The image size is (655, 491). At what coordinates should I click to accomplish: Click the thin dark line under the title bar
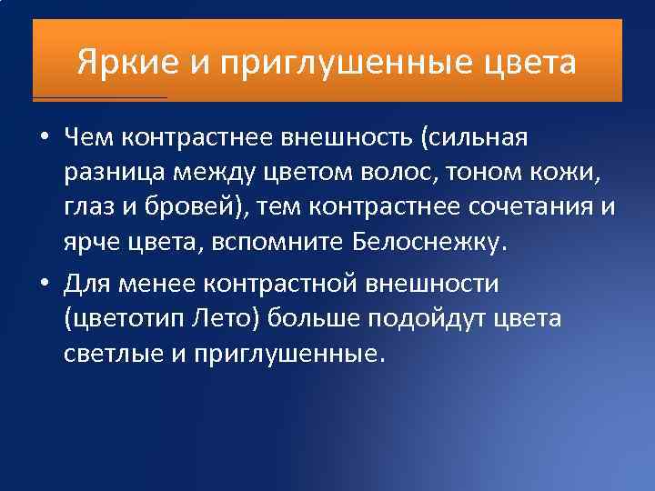(x=100, y=96)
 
